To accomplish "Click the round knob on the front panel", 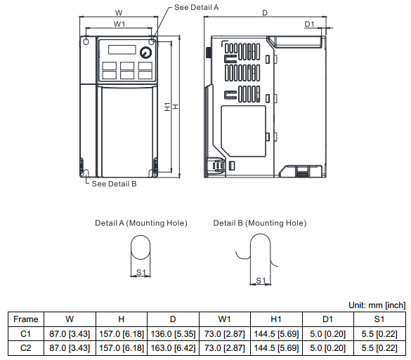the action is [x=145, y=53].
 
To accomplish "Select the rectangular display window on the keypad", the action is [x=122, y=50].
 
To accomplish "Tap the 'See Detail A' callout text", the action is [x=196, y=7].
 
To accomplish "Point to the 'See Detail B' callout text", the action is [x=114, y=184].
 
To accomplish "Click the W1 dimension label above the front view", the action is [x=119, y=24].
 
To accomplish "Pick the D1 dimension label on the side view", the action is [x=309, y=24].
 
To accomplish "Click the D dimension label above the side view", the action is [x=265, y=13].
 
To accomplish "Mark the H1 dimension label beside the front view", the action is [x=167, y=107].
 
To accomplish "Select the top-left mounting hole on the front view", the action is [x=86, y=41].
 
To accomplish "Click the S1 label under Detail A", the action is [x=141, y=272].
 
